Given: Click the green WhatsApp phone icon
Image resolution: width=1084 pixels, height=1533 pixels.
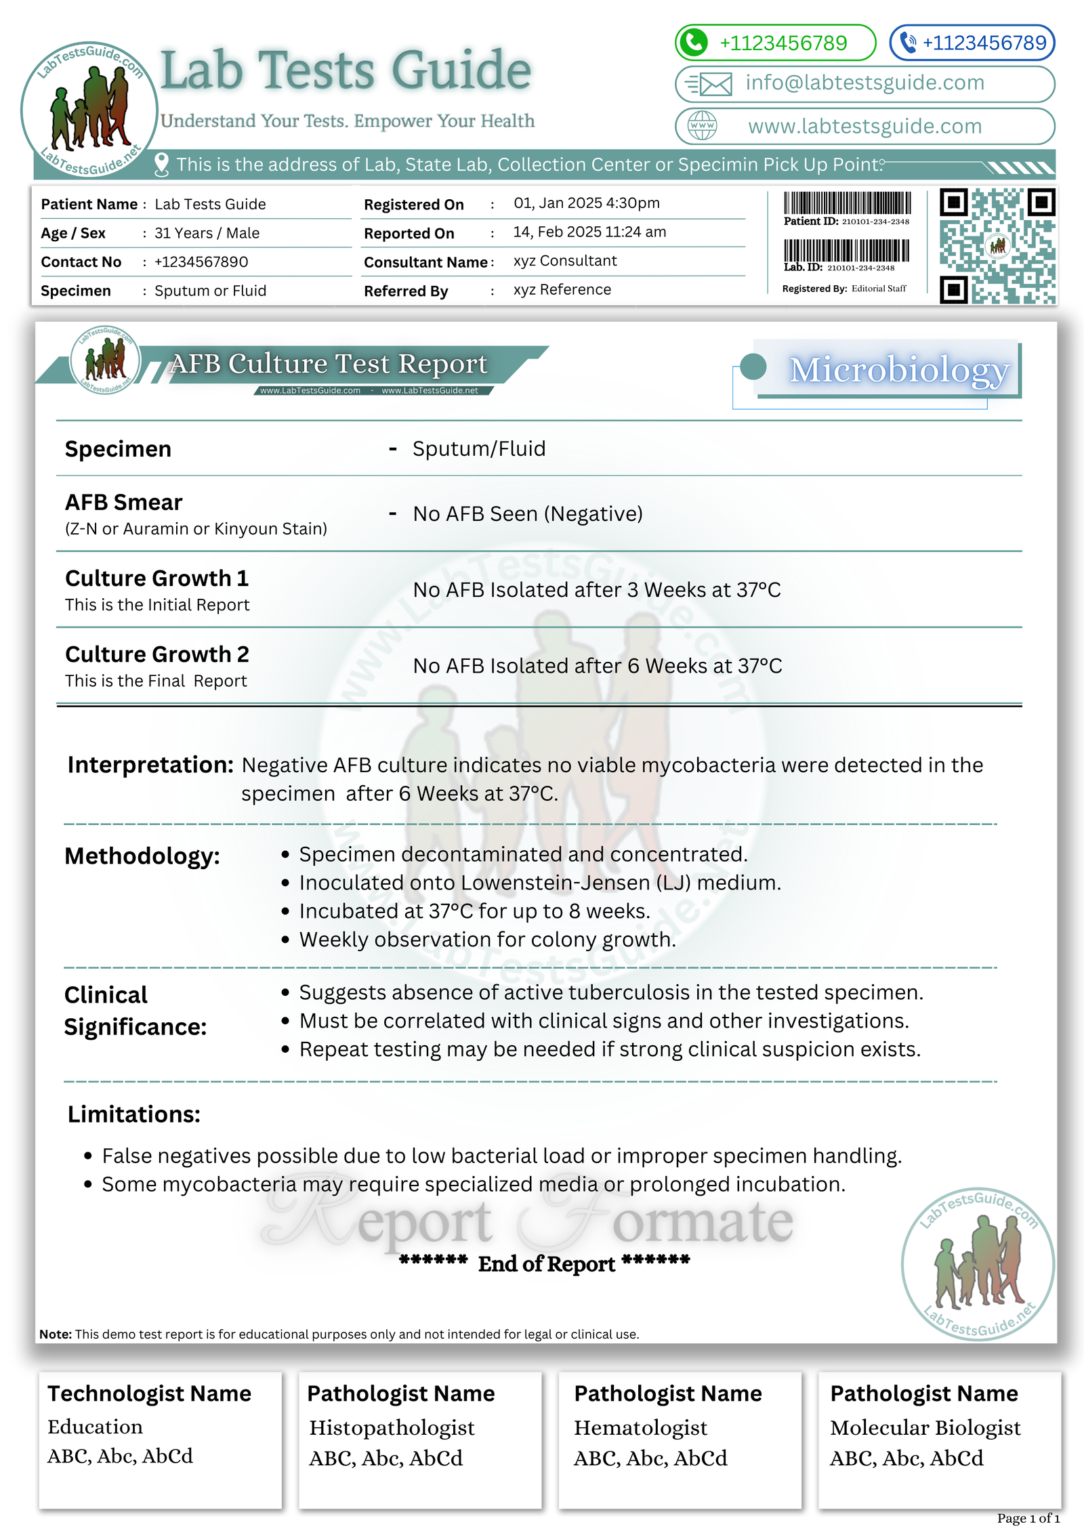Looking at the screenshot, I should click(693, 42).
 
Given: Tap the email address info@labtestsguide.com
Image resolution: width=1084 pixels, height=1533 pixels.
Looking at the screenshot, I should click(864, 83).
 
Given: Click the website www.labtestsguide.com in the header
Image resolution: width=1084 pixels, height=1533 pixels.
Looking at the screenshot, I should click(864, 126).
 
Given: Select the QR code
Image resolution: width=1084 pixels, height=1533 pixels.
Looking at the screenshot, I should click(997, 246).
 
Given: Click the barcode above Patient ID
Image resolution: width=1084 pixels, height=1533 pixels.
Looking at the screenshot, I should click(847, 203).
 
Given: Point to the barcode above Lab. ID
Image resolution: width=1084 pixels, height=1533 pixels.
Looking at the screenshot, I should click(846, 250).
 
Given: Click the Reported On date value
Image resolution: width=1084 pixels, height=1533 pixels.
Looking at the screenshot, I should click(589, 232).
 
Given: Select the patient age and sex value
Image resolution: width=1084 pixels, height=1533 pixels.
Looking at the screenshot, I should click(207, 234).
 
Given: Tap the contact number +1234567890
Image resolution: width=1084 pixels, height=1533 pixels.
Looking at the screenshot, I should click(201, 262).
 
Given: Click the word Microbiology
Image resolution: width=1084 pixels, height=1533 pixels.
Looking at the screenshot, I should click(899, 371).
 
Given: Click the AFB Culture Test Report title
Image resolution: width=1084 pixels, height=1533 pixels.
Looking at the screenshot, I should click(329, 364).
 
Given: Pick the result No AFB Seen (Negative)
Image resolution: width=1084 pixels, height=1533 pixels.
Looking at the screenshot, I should click(528, 514).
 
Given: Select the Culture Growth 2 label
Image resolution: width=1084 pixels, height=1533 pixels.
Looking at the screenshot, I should click(157, 654).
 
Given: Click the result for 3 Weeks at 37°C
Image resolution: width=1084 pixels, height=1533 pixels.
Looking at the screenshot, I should click(597, 590).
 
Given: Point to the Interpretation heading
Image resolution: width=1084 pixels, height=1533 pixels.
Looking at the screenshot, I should click(150, 765).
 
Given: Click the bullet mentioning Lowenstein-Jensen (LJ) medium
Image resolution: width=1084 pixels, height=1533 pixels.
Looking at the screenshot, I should click(540, 883).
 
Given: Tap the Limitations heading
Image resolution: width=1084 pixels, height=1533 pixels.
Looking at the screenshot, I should click(134, 1114).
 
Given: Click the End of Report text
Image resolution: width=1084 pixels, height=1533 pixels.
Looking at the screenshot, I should click(546, 1263).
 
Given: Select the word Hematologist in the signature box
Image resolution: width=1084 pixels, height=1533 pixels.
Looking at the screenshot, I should click(640, 1428).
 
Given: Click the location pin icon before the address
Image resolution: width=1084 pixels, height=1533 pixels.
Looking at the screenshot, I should click(161, 165).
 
